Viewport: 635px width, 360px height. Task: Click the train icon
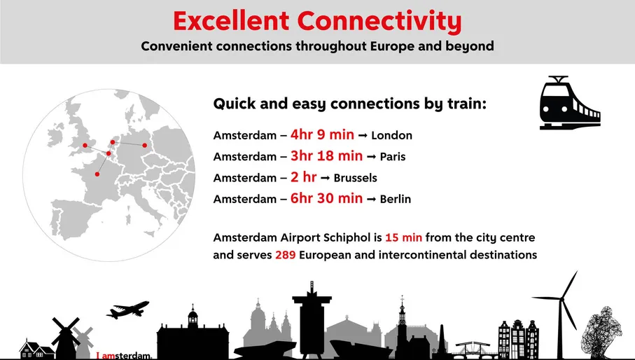coord(569,103)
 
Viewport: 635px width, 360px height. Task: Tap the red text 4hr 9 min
coord(326,134)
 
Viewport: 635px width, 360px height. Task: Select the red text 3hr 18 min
coord(326,155)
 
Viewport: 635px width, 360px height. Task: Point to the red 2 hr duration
coord(304,177)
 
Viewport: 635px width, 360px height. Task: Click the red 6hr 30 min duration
coord(326,198)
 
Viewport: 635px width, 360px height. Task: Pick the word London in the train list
coord(391,135)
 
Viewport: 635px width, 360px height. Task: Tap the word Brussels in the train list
coord(355,178)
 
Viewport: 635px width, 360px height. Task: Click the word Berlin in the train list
coord(395,199)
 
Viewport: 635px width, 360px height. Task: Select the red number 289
coord(285,255)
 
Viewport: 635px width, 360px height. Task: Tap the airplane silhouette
coord(128,309)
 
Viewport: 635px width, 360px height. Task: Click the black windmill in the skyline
coord(67,335)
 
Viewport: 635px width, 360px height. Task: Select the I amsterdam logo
coord(124,356)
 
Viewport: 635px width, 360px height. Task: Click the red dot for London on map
coord(85,146)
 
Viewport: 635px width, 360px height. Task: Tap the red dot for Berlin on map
coord(145,146)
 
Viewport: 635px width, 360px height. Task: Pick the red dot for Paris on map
coord(97,174)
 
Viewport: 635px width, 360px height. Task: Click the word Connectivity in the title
coord(380,21)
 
